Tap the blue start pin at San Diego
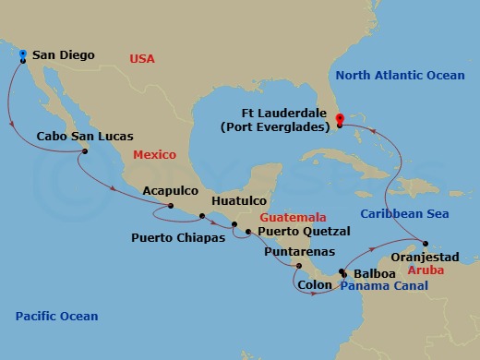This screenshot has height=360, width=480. pos(22,54)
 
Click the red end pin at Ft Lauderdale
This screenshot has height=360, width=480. pos(340,119)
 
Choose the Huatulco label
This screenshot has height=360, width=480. pos(239,199)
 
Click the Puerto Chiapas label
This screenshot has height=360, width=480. pos(175,235)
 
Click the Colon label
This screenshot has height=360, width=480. pos(316,286)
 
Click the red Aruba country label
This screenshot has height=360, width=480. pos(426,272)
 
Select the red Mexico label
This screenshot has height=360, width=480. pos(154,155)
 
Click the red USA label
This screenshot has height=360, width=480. pos(142,60)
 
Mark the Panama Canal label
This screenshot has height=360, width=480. pos(384,287)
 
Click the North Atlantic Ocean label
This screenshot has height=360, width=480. pos(400,75)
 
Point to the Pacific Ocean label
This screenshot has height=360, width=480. pos(56,317)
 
